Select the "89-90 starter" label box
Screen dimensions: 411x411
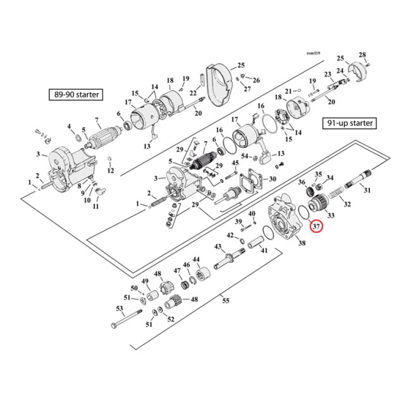[74, 95]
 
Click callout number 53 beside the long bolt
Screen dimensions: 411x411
[120, 309]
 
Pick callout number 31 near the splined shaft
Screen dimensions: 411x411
[367, 191]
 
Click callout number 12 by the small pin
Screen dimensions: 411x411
[110, 170]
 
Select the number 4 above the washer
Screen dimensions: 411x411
[69, 126]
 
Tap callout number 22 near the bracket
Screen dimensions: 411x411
[193, 93]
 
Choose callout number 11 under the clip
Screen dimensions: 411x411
[96, 207]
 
